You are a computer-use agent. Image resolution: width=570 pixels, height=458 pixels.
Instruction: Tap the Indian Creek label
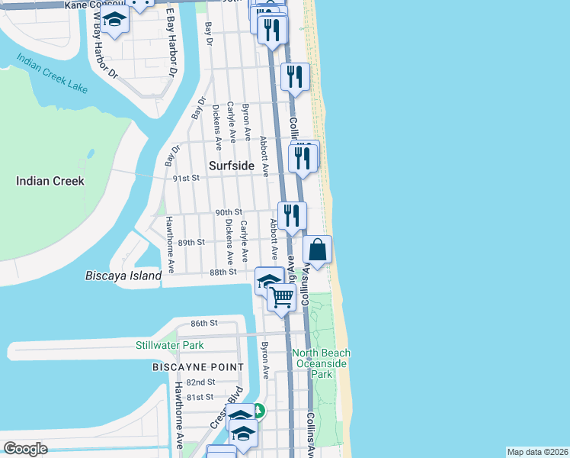point(50,181)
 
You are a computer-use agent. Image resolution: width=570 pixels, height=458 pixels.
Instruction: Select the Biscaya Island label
point(123,276)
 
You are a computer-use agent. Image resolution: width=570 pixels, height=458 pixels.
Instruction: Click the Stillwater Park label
point(170,345)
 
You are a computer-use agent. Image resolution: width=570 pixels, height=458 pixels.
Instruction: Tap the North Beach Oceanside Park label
point(322,363)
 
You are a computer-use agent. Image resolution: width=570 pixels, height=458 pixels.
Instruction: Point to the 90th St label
point(228,211)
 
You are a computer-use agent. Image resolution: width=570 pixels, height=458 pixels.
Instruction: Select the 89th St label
point(191,242)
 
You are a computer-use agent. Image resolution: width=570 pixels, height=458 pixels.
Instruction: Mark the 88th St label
point(223,271)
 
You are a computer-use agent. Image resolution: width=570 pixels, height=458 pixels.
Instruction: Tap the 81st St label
point(200,397)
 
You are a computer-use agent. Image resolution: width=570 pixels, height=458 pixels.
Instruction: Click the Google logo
point(25,448)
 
